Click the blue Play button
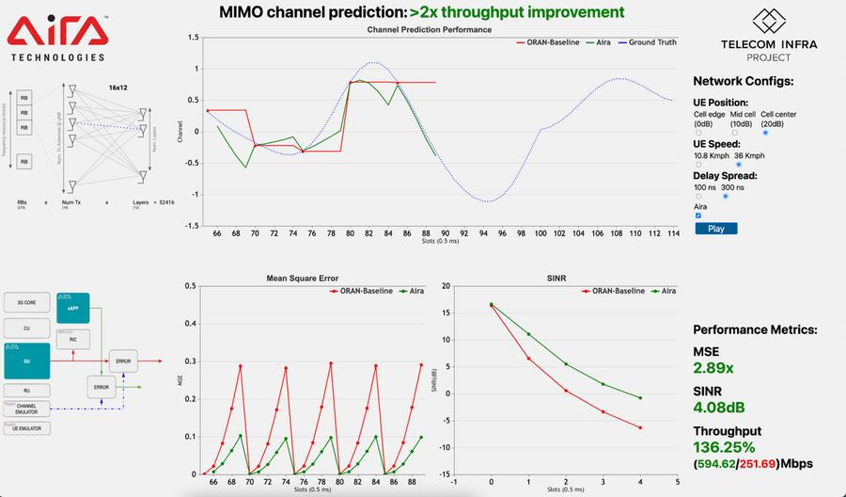coord(722,228)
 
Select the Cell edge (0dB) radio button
coord(698,133)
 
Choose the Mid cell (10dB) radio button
coord(734,133)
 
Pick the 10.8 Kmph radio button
coord(698,164)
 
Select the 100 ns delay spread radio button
coord(698,196)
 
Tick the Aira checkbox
coord(697,216)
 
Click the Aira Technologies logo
coord(56,39)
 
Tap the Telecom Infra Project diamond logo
coord(769,21)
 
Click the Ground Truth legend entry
coord(650,42)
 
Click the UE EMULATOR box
coord(27,429)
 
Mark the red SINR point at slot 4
coord(640,428)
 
